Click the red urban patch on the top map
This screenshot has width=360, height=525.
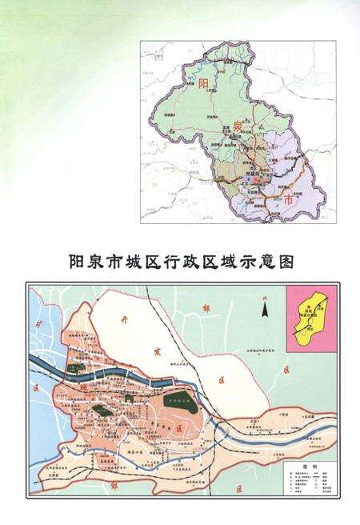pyautogui.click(x=254, y=181)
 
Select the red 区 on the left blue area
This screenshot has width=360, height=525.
pyautogui.click(x=37, y=386)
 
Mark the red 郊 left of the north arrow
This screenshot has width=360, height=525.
pyautogui.click(x=206, y=307)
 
